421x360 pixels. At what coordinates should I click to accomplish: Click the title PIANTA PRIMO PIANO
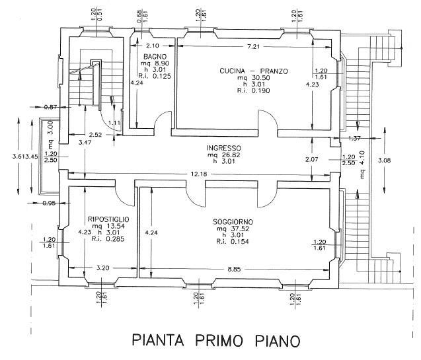pos(216,341)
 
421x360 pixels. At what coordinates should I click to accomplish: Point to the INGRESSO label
pos(223,148)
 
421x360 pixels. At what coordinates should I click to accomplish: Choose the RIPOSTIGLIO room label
pos(108,218)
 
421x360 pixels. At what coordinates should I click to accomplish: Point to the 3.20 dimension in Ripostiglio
pos(103,269)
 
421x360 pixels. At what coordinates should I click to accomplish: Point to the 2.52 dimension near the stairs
pos(96,135)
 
